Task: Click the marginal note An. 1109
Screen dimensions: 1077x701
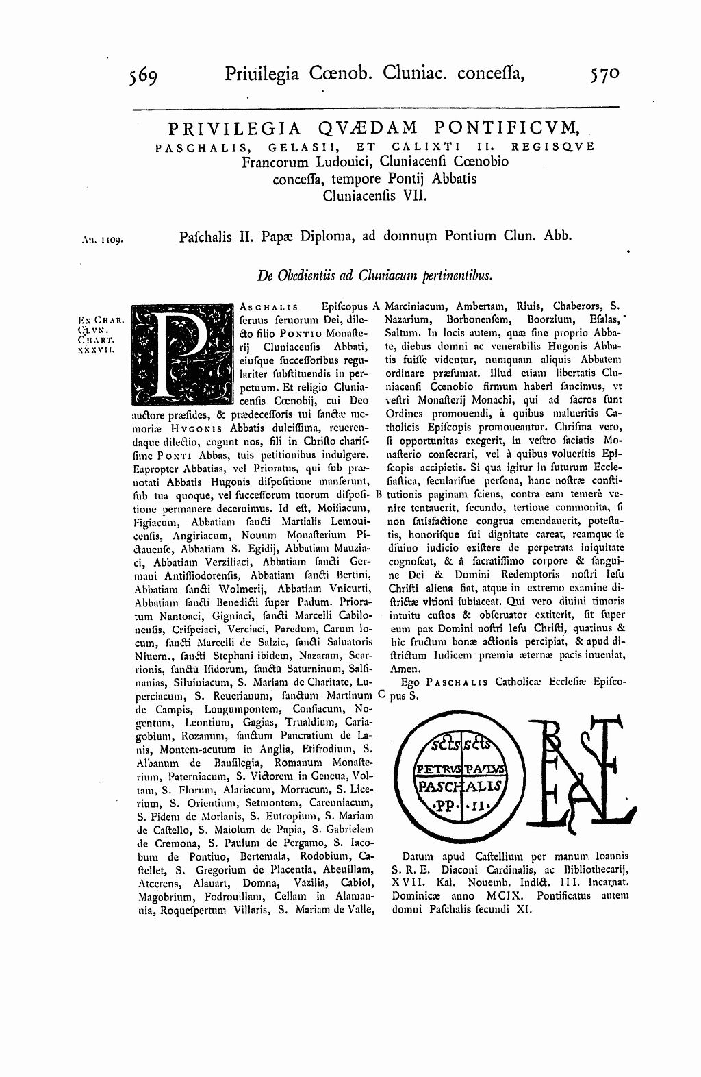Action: (x=101, y=240)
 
